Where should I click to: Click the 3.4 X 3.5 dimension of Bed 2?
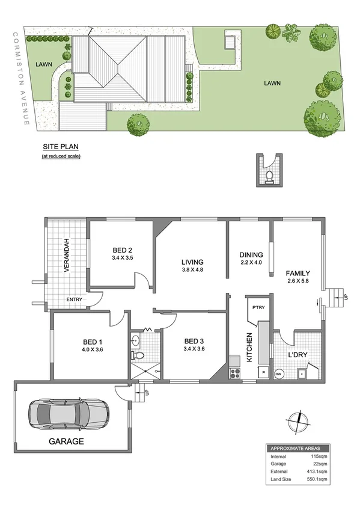(122, 259)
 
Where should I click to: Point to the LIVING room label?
(193, 262)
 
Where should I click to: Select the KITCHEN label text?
(249, 347)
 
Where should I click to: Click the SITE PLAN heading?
(61, 146)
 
